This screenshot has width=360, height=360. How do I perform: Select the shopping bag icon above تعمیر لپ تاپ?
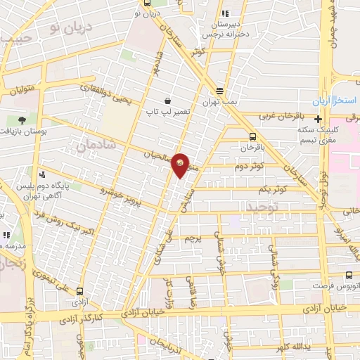click(167, 101)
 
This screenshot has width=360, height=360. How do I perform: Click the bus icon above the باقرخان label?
click(252, 137)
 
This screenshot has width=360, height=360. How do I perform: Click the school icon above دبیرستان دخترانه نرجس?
click(225, 13)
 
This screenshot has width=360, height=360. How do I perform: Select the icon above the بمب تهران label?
click(220, 91)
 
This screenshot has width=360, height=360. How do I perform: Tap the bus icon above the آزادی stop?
click(79, 290)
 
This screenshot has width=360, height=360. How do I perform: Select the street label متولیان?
click(21, 89)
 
